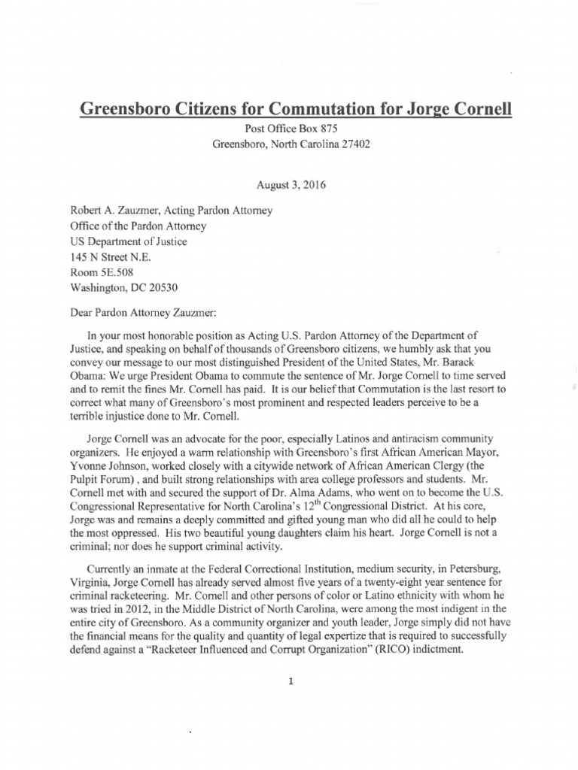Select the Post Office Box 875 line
[289, 129]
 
